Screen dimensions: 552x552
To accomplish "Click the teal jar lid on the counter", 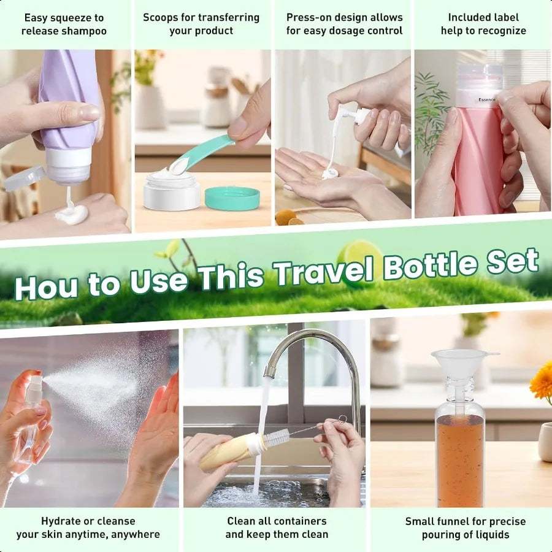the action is click(232, 199).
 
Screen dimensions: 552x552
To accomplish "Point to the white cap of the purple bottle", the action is click(68, 166).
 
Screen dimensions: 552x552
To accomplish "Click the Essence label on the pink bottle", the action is click(487, 100).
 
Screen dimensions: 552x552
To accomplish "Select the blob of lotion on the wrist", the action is click(72, 213).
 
